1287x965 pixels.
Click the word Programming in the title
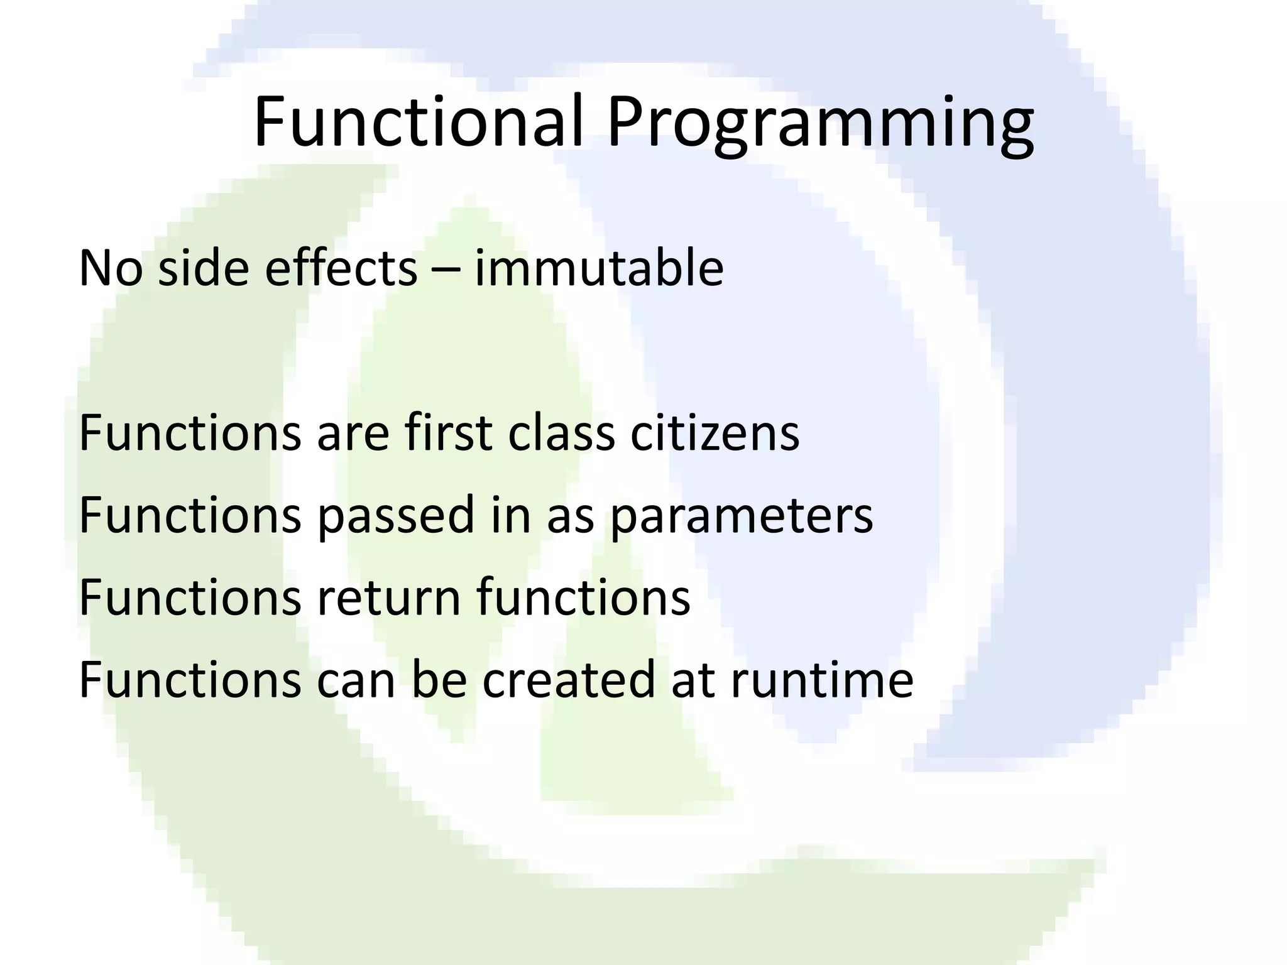[819, 126]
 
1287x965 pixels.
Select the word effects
[341, 268]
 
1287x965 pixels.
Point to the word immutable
[599, 268]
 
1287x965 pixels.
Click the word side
[204, 268]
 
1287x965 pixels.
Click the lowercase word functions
[583, 597]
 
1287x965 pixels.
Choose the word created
[569, 680]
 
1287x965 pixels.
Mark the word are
[353, 435]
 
